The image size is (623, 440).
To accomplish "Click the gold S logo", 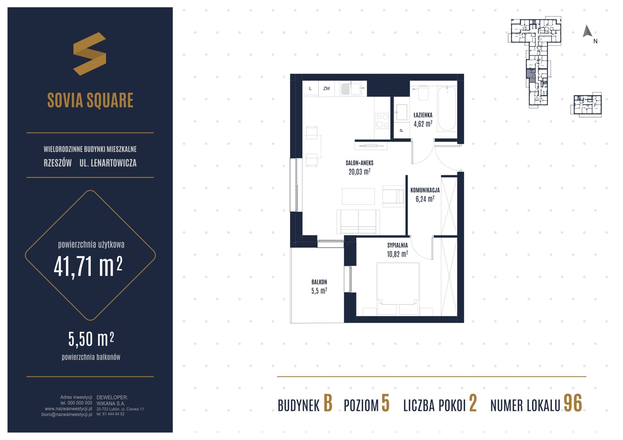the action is coord(90,54).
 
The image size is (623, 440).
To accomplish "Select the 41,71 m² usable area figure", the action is coord(88,266).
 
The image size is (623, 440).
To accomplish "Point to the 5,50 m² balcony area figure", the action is coord(91,339).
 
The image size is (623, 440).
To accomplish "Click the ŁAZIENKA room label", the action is coord(423,115).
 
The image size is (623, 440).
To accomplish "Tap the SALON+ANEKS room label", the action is coord(360,163).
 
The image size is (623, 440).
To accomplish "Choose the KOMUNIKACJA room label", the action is coord(425,190).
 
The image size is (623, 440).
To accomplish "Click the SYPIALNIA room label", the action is coord(397,245).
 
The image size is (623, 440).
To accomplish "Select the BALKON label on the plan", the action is coord(319,282).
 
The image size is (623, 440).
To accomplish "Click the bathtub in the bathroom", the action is coord(446,108).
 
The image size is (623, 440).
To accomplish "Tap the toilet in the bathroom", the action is coord(423,93).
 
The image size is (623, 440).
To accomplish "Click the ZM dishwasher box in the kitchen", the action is coord(326,88).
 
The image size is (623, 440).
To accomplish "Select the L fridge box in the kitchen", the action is coord(311,88).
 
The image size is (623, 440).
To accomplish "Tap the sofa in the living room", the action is coord(358,222).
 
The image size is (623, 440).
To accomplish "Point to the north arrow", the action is coord(587,31).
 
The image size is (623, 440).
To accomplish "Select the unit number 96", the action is coord(573,403).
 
